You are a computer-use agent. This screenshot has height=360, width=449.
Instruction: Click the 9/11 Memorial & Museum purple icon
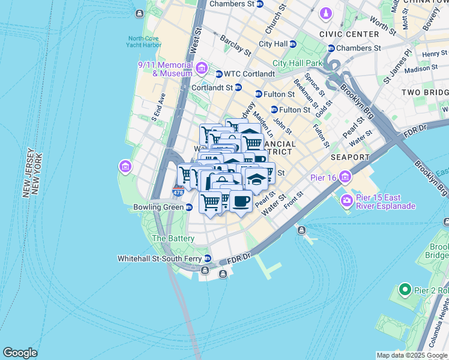tap(200, 67)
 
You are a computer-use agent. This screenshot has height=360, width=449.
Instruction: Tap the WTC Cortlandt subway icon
tap(219, 74)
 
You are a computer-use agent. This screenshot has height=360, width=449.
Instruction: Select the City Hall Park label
tap(297, 62)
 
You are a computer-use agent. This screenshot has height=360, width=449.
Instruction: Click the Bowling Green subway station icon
tap(189, 208)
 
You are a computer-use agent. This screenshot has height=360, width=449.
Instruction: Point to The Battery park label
tap(173, 238)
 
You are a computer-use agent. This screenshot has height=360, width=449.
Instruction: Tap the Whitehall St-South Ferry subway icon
tap(208, 259)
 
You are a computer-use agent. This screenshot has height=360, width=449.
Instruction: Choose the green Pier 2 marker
tap(405, 290)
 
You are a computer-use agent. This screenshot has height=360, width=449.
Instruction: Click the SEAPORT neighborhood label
tap(350, 157)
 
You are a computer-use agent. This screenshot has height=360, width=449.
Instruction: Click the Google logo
tap(20, 353)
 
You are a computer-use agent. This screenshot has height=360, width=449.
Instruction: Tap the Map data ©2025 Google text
tap(412, 355)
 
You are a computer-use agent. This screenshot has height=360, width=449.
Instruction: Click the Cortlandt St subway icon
tap(238, 87)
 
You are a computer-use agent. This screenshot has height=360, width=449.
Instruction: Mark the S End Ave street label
tap(158, 107)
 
